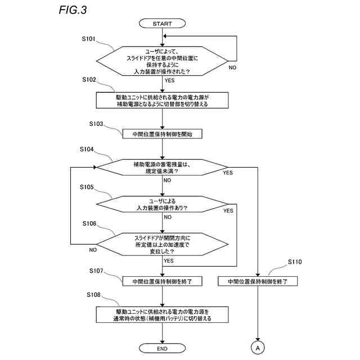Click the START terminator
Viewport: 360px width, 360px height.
[x=162, y=24]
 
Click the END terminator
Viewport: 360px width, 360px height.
[x=162, y=348]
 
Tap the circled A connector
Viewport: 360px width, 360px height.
[x=258, y=348]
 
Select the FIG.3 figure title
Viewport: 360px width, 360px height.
[x=73, y=10]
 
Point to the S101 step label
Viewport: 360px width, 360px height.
[x=88, y=39]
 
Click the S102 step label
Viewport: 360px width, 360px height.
[x=89, y=79]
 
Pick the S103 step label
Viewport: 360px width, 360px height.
[x=96, y=124]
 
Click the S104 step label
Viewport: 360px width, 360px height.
[x=87, y=149]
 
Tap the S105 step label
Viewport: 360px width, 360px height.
[x=87, y=187]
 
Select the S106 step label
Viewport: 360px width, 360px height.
[x=89, y=223]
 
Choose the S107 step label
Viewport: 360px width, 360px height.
[x=96, y=271]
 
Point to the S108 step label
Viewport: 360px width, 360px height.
[x=93, y=295]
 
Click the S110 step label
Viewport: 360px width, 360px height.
[x=295, y=262]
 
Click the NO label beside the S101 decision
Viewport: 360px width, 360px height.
[x=232, y=67]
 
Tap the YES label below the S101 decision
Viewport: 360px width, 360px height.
[x=169, y=80]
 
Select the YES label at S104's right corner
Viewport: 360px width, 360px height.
[x=228, y=173]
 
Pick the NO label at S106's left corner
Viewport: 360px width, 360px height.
[x=93, y=250]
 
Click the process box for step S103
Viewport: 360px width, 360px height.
[x=163, y=134]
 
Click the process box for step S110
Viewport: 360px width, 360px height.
[x=258, y=281]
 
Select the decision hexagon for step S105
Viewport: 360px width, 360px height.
[x=163, y=204]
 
